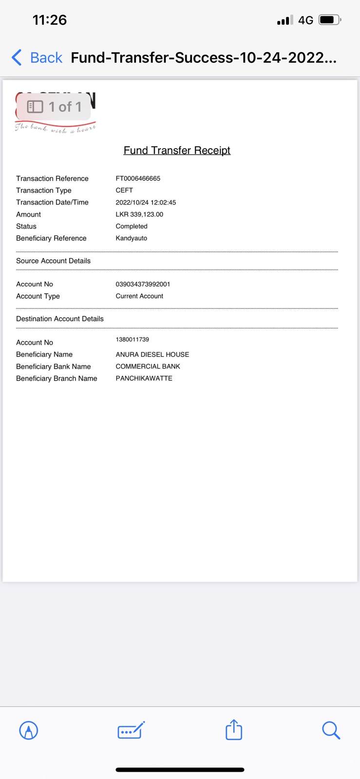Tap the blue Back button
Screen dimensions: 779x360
[37, 57]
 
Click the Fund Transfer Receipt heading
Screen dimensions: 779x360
[177, 150]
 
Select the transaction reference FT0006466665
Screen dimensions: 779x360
[138, 179]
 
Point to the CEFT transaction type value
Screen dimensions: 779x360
[124, 190]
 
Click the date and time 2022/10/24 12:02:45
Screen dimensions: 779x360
[146, 203]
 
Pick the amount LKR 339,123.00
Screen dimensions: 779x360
[139, 214]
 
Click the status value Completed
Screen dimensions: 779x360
[132, 226]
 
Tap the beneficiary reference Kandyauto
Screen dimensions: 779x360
[132, 238]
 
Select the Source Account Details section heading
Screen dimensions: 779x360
[53, 261]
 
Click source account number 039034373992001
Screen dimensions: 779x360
[143, 284]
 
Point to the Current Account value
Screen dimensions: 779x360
[139, 296]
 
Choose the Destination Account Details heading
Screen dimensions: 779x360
[60, 319]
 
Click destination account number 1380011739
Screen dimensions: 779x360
[133, 339]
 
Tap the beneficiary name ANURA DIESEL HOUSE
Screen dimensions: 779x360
[152, 354]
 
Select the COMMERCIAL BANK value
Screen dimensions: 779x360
[148, 367]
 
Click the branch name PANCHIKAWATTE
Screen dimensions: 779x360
[144, 378]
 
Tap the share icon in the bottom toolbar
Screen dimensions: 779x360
[234, 730]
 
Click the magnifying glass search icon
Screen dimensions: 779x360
[331, 730]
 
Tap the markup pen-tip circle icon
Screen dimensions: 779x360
[29, 730]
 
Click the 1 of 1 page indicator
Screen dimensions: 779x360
[54, 107]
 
